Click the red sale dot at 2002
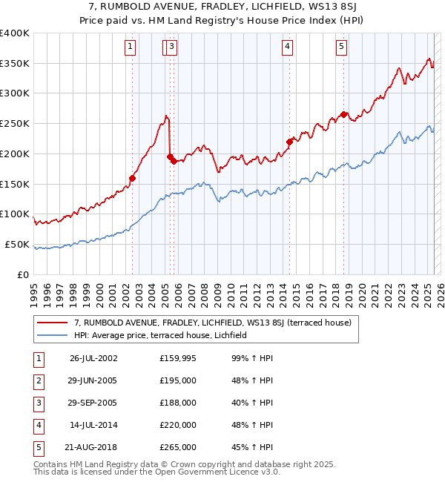(133, 178)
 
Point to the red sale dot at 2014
(289, 141)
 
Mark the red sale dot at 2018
(343, 114)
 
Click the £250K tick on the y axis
(14, 124)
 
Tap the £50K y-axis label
(16, 245)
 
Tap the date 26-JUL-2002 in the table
(93, 358)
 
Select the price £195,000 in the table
(177, 380)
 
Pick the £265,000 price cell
(177, 447)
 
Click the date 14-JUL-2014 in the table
(93, 425)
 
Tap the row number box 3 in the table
(39, 403)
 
